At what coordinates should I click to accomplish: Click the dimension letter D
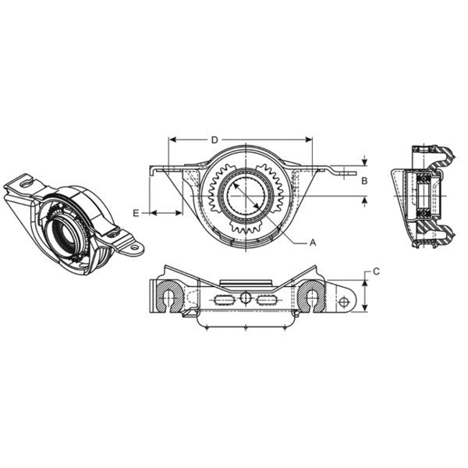click(214, 140)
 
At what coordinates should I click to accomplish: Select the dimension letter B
click(363, 179)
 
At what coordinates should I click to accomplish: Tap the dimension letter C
click(376, 271)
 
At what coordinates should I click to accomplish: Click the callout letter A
click(313, 243)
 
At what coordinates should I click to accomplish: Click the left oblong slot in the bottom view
click(223, 300)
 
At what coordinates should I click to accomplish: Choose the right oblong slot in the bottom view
click(268, 300)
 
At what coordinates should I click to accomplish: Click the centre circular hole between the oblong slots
click(246, 298)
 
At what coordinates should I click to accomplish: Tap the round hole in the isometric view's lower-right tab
click(133, 248)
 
